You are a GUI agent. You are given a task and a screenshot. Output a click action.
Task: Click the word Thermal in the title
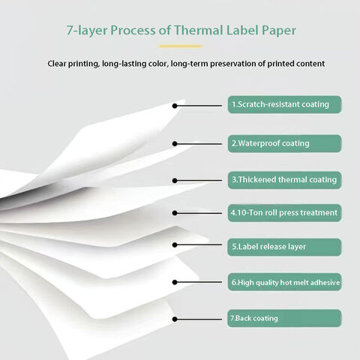[198, 30]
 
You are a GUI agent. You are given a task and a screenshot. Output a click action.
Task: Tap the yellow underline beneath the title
[181, 46]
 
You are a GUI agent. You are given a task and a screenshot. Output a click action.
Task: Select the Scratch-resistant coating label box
[284, 104]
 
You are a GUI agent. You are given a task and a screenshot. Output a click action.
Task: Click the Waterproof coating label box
[284, 143]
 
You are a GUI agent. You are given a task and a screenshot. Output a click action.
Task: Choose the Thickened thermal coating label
[284, 180]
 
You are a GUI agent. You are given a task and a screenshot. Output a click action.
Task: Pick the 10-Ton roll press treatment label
[284, 213]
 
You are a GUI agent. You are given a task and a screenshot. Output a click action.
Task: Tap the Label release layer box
[284, 247]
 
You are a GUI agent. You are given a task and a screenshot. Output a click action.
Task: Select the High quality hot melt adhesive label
[284, 282]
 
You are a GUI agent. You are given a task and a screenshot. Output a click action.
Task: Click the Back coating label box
[284, 318]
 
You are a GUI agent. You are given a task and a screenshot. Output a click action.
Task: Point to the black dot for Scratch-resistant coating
[175, 106]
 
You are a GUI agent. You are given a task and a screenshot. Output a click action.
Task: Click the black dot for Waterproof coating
[175, 144]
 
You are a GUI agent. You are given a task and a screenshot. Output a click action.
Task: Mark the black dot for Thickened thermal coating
[175, 181]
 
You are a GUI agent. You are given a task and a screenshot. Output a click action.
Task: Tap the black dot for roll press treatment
[175, 213]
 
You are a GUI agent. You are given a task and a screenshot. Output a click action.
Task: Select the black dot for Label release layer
[175, 245]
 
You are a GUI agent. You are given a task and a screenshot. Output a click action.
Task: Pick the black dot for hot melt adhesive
[175, 282]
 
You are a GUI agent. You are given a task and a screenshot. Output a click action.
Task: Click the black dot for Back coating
[175, 319]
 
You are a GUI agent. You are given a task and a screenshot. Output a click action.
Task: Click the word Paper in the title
[279, 31]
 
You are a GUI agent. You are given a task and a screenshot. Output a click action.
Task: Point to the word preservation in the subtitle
[232, 64]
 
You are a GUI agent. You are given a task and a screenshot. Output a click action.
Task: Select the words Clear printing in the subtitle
[73, 64]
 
